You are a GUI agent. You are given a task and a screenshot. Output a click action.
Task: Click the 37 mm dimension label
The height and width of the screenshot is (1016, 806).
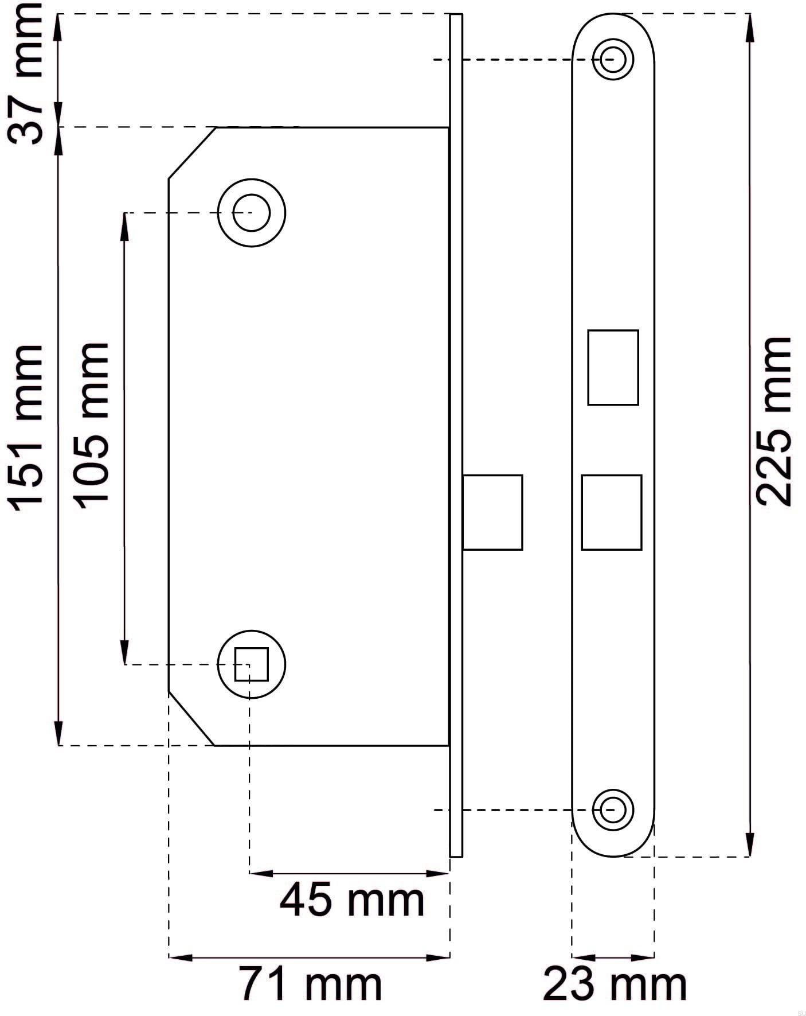[25, 73]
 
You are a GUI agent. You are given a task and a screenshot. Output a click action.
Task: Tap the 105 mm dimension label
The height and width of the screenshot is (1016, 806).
[91, 426]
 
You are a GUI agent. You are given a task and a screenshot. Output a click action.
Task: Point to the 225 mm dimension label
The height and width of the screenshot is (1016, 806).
[773, 422]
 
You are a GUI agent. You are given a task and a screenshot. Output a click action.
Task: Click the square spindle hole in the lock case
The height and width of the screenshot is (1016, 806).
[252, 664]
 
